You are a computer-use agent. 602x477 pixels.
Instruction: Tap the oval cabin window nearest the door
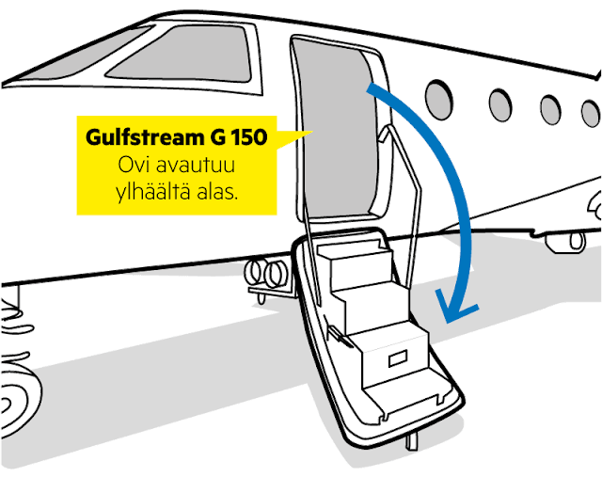(438, 95)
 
